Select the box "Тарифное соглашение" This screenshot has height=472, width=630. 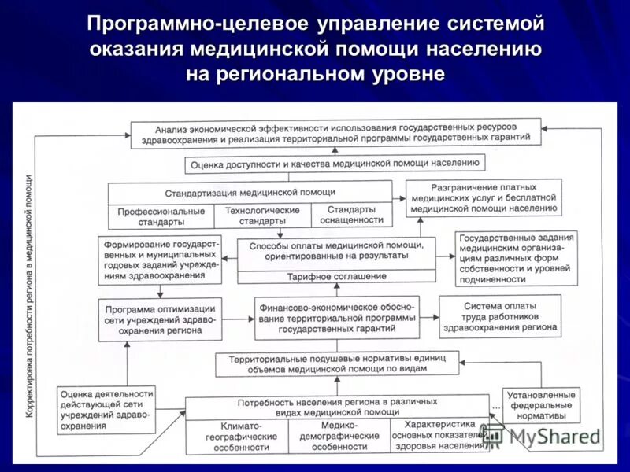336,276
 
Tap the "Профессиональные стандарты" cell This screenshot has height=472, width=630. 161,216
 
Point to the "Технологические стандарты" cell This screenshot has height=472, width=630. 262,216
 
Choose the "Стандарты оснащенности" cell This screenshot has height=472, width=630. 350,216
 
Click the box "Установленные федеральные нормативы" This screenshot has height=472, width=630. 542,404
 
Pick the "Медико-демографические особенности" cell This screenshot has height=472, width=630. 339,436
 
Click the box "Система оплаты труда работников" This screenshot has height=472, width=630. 500,316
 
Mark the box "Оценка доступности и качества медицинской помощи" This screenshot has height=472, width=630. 335,164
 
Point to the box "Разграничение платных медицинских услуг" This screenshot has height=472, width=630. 484,198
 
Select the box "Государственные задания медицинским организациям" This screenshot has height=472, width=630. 517,257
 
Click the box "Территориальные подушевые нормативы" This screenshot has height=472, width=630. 336,363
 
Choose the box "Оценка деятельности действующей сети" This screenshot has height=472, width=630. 105,408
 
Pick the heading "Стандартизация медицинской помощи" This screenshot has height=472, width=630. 250,191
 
